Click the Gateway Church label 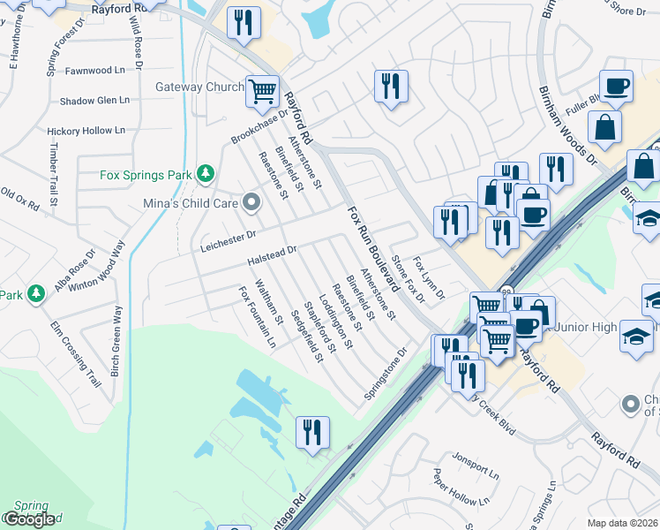[199, 87]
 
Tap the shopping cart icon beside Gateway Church [263, 90]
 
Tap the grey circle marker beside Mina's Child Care [252, 204]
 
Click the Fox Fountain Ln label [258, 316]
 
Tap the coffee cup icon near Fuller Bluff [617, 87]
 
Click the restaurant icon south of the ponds [311, 433]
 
